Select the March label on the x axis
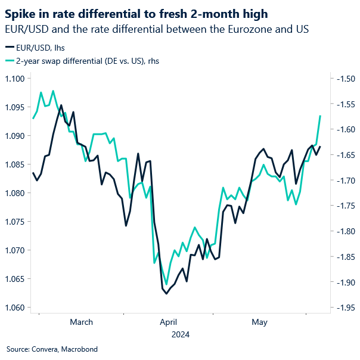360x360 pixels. point(81,322)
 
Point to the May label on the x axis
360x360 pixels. point(259,322)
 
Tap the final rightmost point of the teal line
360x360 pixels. point(321,116)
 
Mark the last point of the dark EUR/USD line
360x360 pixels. point(320,147)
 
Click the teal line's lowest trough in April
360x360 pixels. point(166,284)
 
